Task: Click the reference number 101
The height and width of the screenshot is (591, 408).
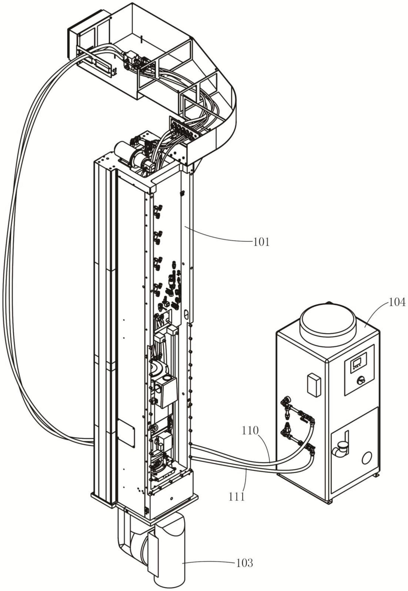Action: point(262,242)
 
